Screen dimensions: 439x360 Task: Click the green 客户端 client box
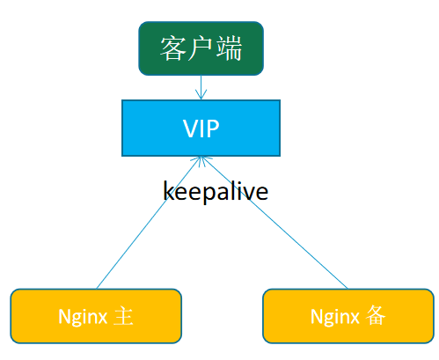point(201,48)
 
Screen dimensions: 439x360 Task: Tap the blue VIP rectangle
point(201,128)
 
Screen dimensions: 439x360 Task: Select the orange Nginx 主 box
point(96,316)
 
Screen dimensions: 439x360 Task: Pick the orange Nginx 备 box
point(348,316)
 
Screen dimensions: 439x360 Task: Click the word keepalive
point(216,191)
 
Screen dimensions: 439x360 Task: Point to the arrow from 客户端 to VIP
point(201,87)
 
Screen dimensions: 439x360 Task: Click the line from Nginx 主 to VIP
point(149,223)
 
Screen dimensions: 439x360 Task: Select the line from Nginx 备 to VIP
point(274,223)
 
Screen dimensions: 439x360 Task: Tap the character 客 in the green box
point(173,48)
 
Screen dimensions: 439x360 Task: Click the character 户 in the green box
point(200,48)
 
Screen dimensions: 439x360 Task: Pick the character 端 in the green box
point(229,48)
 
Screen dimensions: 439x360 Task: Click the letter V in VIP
point(191,129)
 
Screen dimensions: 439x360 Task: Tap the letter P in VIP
point(213,129)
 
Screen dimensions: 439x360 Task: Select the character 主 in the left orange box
point(123,316)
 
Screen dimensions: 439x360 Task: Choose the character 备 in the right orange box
point(376,315)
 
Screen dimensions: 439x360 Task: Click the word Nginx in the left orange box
point(83,317)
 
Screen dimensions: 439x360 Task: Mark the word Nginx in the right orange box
point(335,317)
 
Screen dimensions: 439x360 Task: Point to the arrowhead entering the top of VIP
point(201,94)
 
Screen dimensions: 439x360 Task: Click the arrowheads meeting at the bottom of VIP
point(201,161)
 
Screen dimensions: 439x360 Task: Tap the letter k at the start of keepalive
point(168,190)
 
